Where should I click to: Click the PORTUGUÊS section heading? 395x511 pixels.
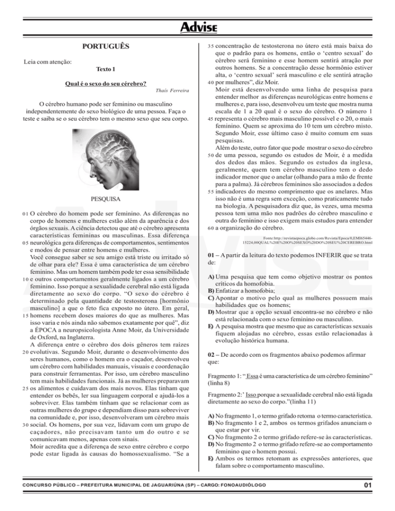pos(106,47)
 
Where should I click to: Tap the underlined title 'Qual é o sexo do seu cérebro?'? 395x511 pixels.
pos(106,83)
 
